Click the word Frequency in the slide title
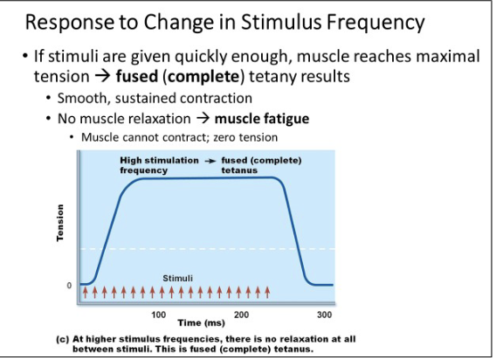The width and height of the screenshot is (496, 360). pyautogui.click(x=375, y=23)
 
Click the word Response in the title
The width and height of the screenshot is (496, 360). pyautogui.click(x=69, y=23)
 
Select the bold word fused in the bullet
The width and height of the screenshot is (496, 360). pyautogui.click(x=136, y=76)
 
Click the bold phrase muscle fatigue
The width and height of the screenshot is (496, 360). pyautogui.click(x=262, y=119)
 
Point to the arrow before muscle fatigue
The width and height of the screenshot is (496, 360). pyautogui.click(x=203, y=119)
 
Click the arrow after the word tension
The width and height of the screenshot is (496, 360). pyautogui.click(x=102, y=76)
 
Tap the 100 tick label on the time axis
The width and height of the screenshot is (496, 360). pyautogui.click(x=158, y=315)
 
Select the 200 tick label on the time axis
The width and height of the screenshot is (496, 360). pyautogui.click(x=241, y=315)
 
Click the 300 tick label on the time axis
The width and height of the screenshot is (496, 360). pyautogui.click(x=325, y=315)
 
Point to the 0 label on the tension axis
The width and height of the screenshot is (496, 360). pyautogui.click(x=69, y=285)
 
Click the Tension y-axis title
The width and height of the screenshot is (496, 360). pyautogui.click(x=59, y=223)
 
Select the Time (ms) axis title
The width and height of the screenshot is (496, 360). pyautogui.click(x=201, y=323)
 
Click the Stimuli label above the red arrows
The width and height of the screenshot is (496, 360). pyautogui.click(x=177, y=279)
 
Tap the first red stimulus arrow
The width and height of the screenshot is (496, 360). pyautogui.click(x=85, y=292)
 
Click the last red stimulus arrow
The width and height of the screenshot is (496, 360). pyautogui.click(x=267, y=292)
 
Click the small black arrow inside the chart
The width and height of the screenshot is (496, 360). pyautogui.click(x=210, y=161)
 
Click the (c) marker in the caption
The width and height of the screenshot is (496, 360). pyautogui.click(x=62, y=339)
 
